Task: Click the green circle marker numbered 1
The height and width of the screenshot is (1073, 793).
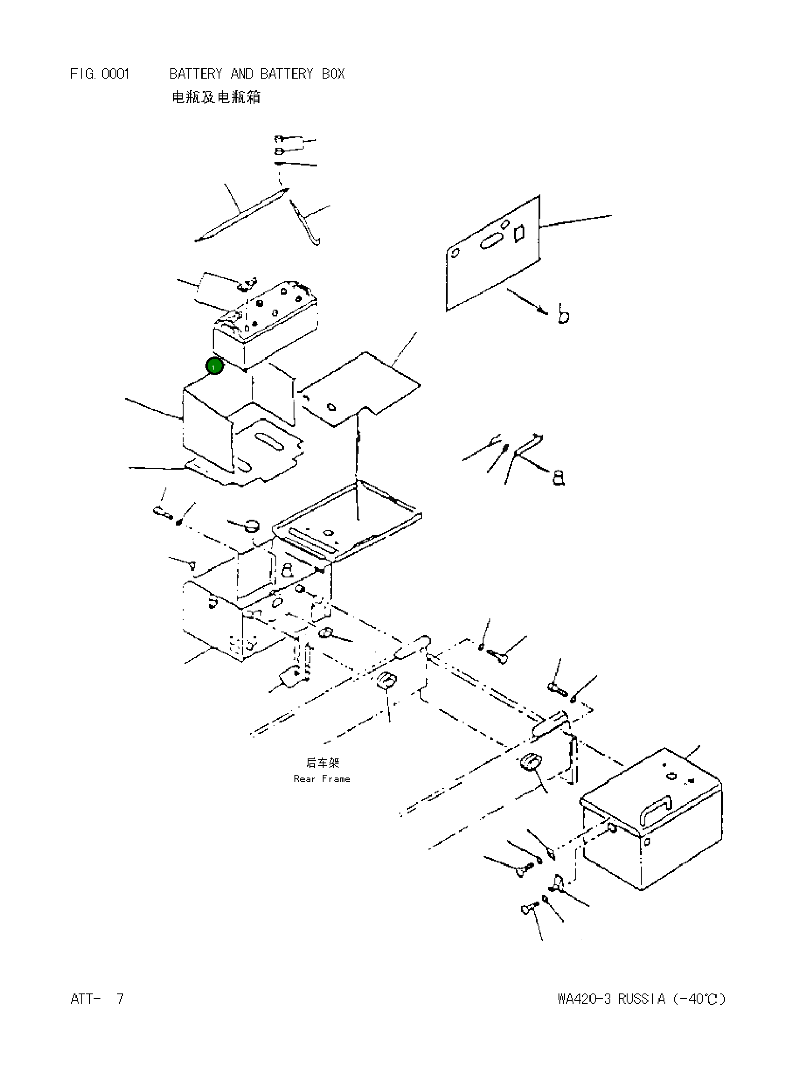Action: tap(214, 366)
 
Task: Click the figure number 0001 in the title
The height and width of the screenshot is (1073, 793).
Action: tap(115, 74)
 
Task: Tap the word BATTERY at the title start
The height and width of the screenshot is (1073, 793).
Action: tap(196, 74)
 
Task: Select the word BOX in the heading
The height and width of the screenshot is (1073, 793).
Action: tap(333, 74)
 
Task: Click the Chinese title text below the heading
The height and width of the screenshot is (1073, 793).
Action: tap(216, 97)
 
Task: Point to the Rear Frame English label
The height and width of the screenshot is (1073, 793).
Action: tap(322, 779)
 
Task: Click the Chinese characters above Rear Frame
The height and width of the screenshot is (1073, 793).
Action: tap(322, 763)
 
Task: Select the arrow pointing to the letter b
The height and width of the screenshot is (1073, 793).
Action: tap(527, 301)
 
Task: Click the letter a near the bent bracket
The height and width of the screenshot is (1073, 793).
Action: tap(559, 478)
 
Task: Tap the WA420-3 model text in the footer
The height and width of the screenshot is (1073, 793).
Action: tap(584, 999)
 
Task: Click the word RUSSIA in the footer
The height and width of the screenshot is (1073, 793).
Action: tap(641, 999)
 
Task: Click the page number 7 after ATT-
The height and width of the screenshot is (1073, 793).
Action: tap(120, 999)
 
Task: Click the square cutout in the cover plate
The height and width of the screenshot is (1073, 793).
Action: tap(519, 233)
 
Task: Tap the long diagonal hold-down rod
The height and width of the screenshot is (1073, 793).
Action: tap(241, 215)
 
